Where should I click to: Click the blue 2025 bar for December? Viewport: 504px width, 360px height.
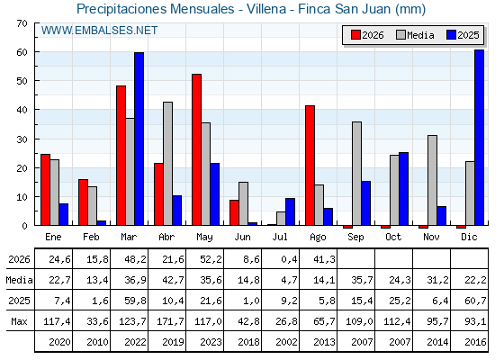pyautogui.click(x=479, y=137)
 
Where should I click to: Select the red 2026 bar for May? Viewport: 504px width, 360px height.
pyautogui.click(x=196, y=149)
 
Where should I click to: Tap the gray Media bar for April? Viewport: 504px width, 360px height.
pyautogui.click(x=167, y=164)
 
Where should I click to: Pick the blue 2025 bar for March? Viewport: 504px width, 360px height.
pyautogui.click(x=139, y=139)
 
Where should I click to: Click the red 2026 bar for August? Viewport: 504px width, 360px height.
pyautogui.click(x=310, y=166)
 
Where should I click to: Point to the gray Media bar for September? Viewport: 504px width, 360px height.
pyautogui.click(x=356, y=174)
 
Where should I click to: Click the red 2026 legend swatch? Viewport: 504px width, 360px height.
pyautogui.click(x=355, y=35)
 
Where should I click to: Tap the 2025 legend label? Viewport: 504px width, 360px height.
pyautogui.click(x=468, y=35)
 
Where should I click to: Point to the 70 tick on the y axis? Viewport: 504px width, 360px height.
pyautogui.click(x=22, y=23)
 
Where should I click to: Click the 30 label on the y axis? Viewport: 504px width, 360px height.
pyautogui.click(x=22, y=139)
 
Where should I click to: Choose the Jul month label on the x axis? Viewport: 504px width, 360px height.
pyautogui.click(x=280, y=237)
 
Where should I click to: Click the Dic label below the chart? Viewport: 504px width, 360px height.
pyautogui.click(x=469, y=237)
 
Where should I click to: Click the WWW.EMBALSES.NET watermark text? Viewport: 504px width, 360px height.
pyautogui.click(x=99, y=31)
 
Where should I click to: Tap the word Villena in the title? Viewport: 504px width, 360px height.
pyautogui.click(x=266, y=9)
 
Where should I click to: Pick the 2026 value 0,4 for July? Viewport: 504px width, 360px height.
pyautogui.click(x=289, y=259)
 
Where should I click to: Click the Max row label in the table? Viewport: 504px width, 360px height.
pyautogui.click(x=19, y=321)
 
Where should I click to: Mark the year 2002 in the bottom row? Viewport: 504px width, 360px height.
pyautogui.click(x=286, y=342)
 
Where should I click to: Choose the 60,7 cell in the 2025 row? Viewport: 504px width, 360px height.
pyautogui.click(x=475, y=301)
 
